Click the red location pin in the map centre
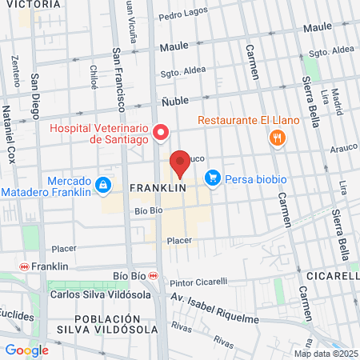[x=180, y=162]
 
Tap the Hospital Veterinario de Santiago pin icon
[x=160, y=132]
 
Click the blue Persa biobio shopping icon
[x=213, y=178]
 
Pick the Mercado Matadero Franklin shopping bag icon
[x=103, y=186]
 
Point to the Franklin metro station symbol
[x=24, y=266]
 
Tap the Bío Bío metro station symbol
[x=154, y=275]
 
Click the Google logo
[x=26, y=350]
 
